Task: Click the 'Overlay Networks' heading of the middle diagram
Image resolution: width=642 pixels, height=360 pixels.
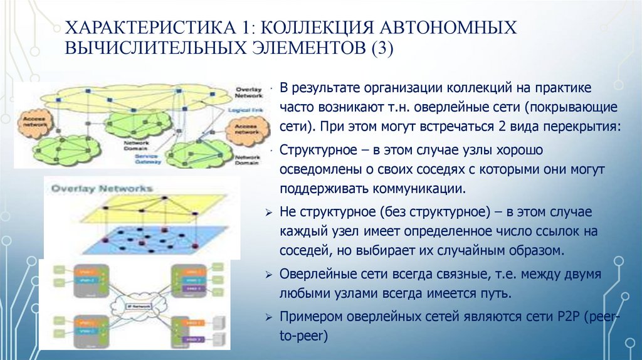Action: (100, 188)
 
